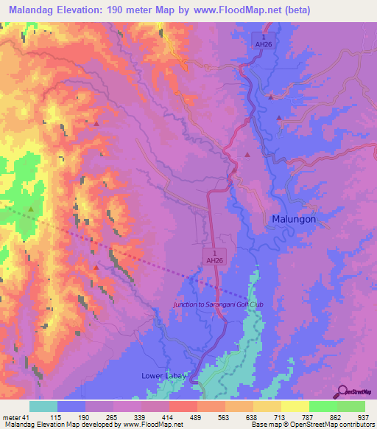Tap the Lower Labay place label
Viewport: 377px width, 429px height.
pos(166,376)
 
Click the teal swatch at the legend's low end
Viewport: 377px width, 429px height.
pos(43,406)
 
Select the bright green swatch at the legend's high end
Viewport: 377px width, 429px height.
pos(350,406)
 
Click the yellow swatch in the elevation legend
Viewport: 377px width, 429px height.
pos(295,406)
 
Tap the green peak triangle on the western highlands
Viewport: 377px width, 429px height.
pos(31,209)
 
